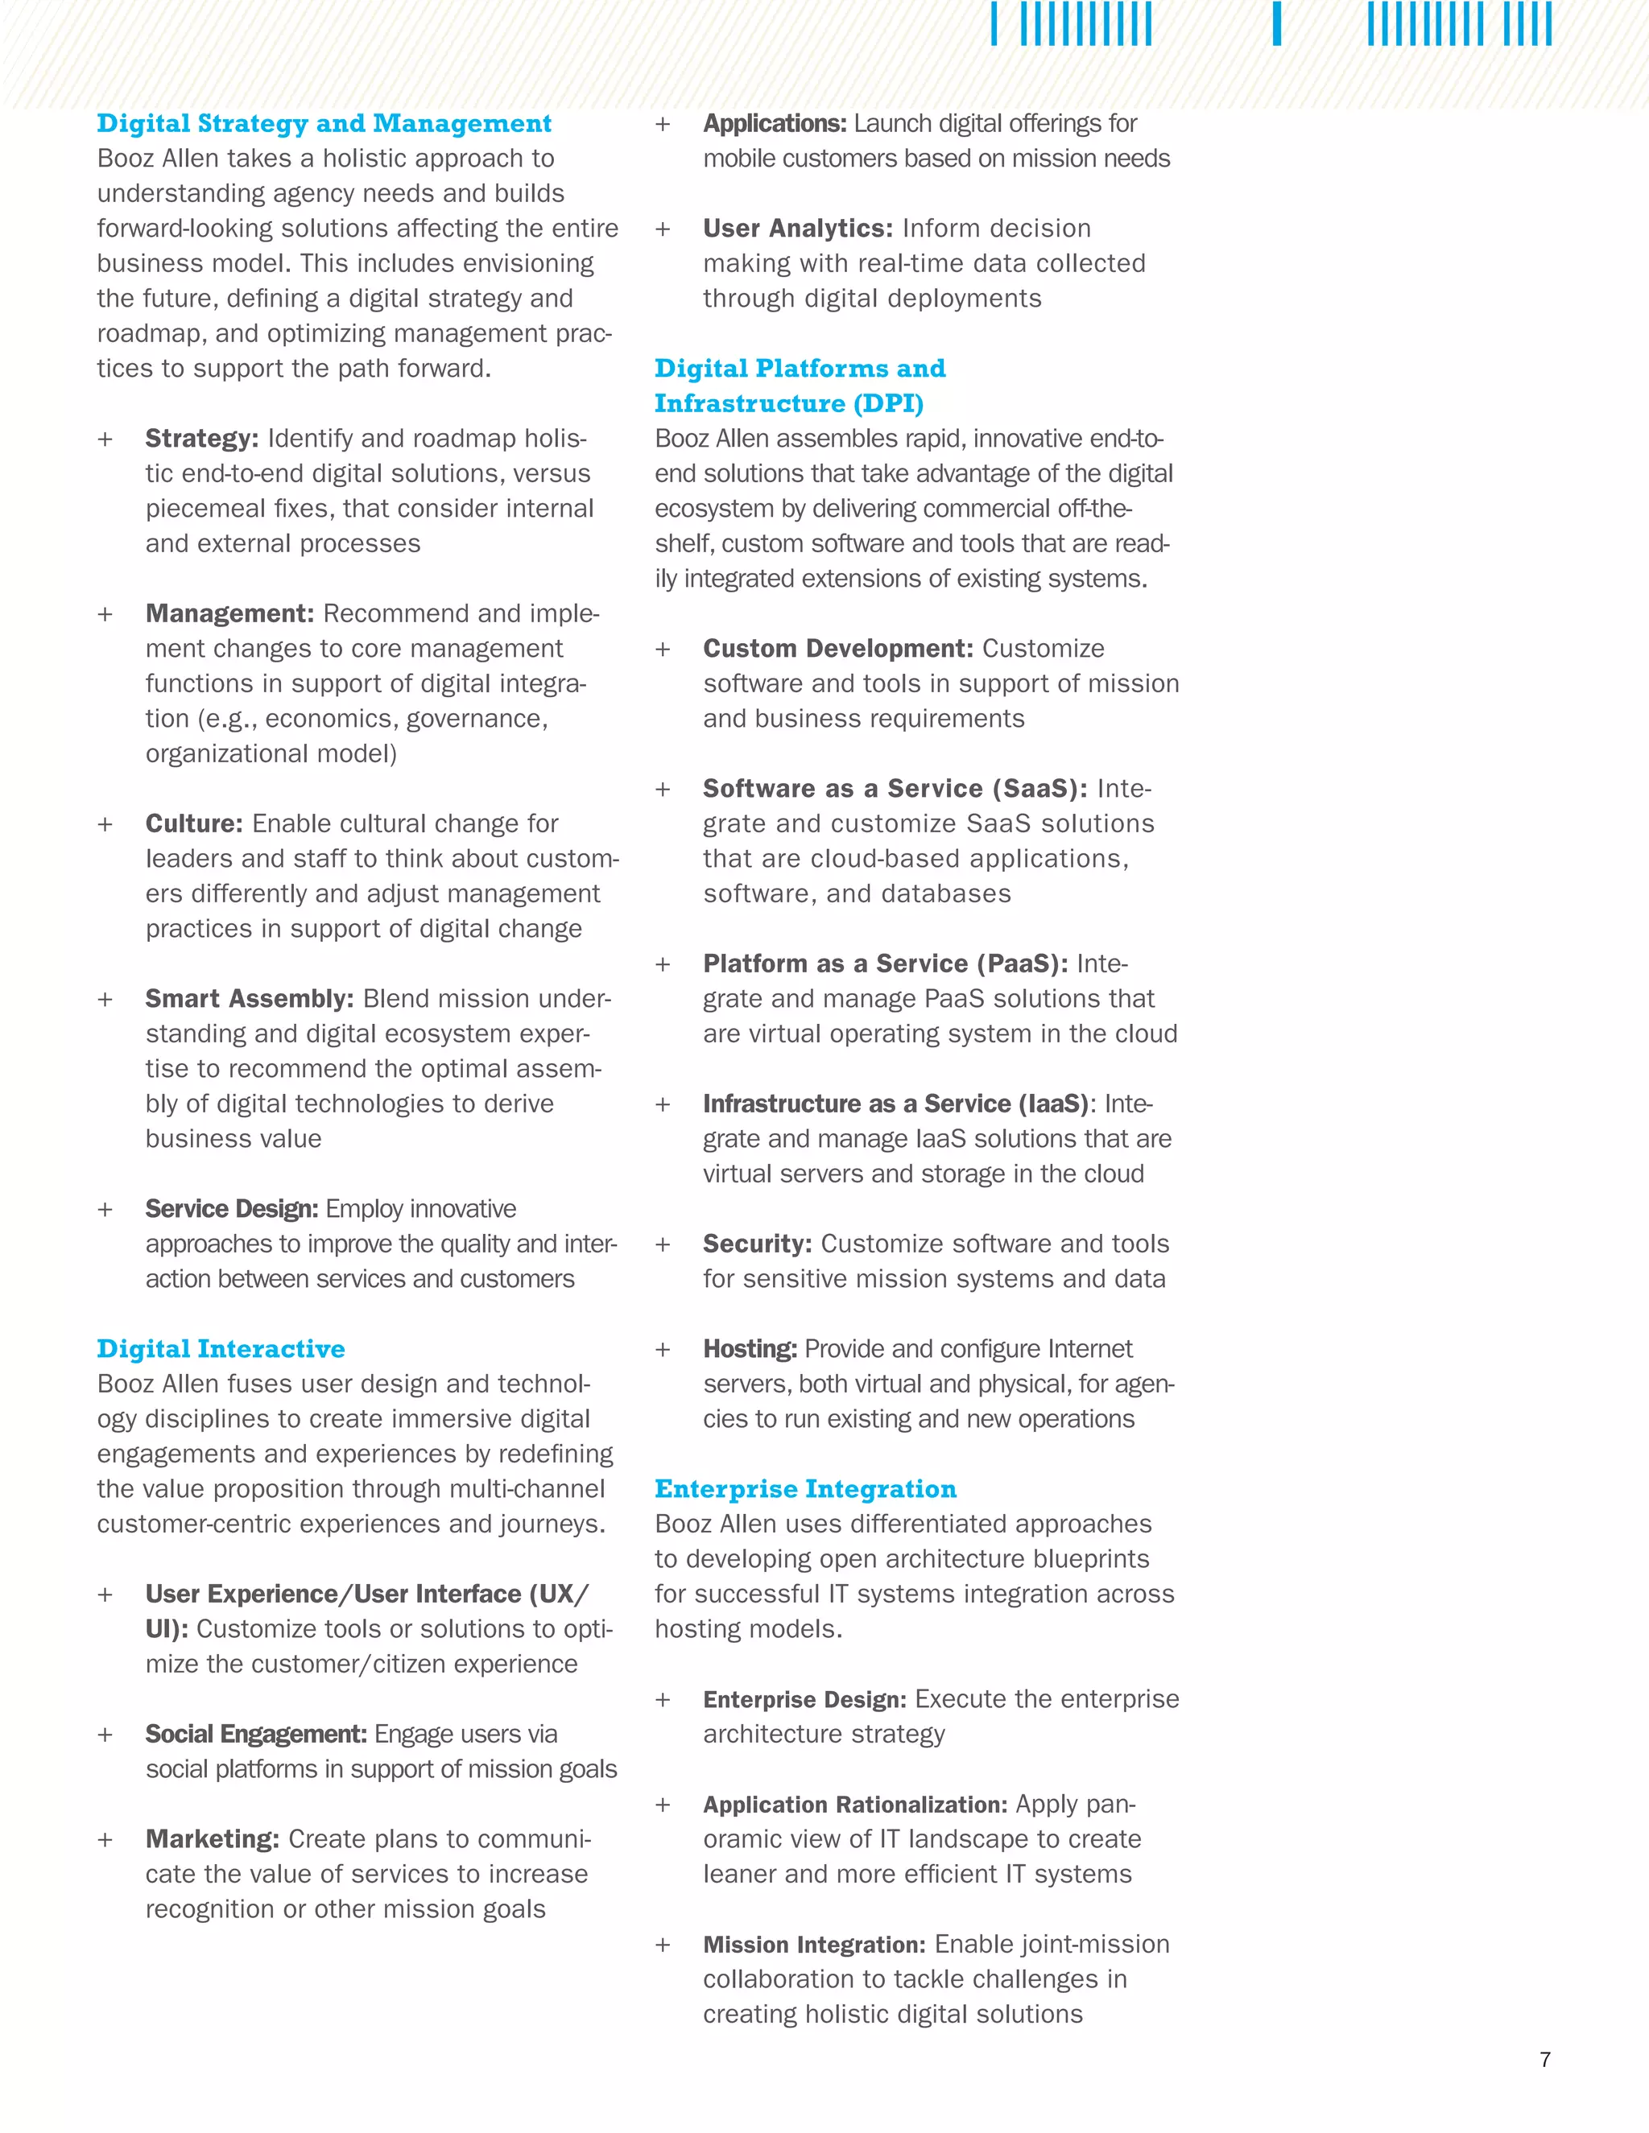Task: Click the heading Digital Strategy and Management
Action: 324,124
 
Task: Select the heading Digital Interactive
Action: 221,1349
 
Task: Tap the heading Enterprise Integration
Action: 805,1488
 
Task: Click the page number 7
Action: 1544,2060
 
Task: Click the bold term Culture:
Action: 194,823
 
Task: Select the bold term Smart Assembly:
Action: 249,998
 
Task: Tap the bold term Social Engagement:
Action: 256,1734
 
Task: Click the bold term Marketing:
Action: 212,1839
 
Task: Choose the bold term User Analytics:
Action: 798,229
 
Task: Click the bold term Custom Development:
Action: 838,649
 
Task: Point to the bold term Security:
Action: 757,1244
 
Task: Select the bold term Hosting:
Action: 750,1349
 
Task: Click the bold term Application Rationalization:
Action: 855,1804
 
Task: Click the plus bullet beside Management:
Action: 105,614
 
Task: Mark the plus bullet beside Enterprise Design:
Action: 663,1700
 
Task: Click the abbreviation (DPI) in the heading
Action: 888,403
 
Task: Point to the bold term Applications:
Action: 775,124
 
